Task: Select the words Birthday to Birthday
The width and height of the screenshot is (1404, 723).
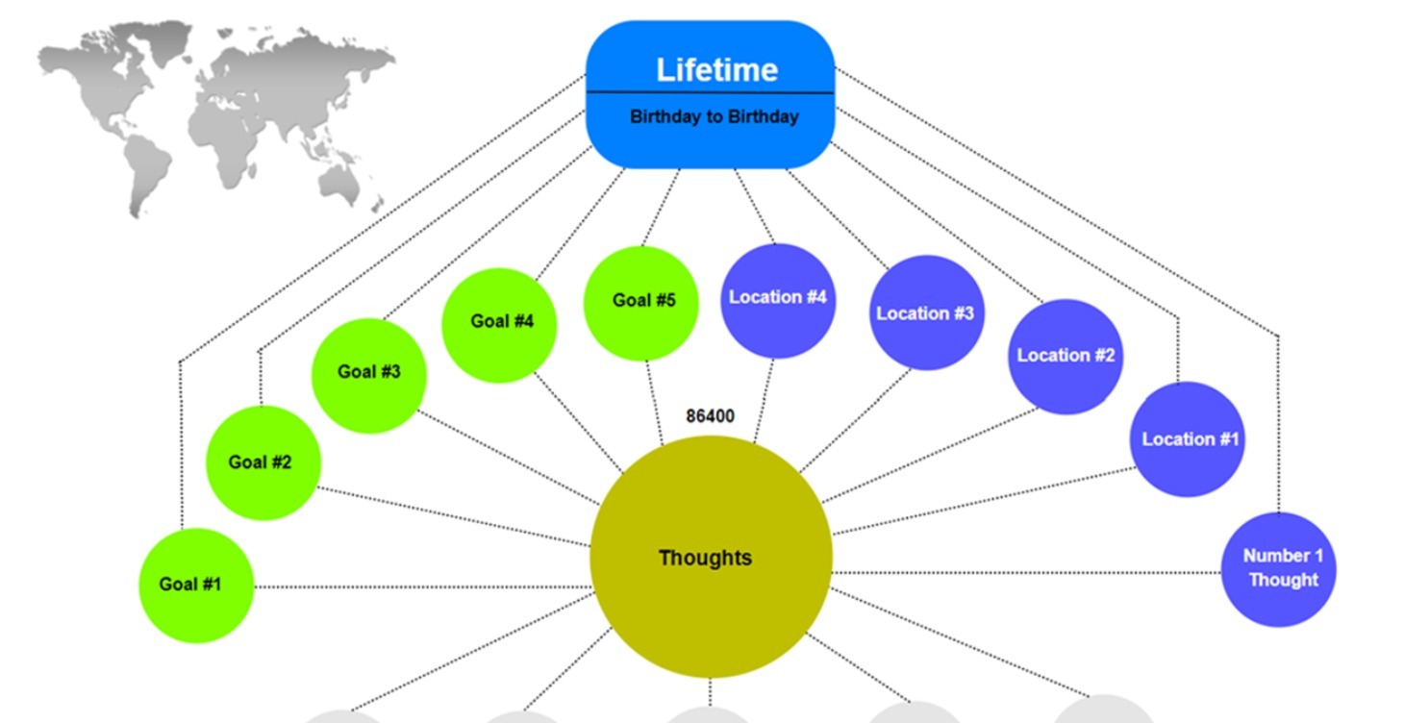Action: coord(714,117)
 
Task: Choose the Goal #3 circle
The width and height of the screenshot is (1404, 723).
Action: coord(369,373)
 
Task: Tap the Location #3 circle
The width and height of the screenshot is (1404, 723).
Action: coord(926,313)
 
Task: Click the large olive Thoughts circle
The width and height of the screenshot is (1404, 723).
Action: coord(710,558)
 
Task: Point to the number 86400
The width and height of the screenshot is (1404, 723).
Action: coord(710,416)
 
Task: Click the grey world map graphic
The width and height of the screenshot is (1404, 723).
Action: coord(216,115)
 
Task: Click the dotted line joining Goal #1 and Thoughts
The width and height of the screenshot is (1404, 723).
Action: coord(423,586)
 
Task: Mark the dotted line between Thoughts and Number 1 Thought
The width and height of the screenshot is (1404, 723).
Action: coord(1024,572)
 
